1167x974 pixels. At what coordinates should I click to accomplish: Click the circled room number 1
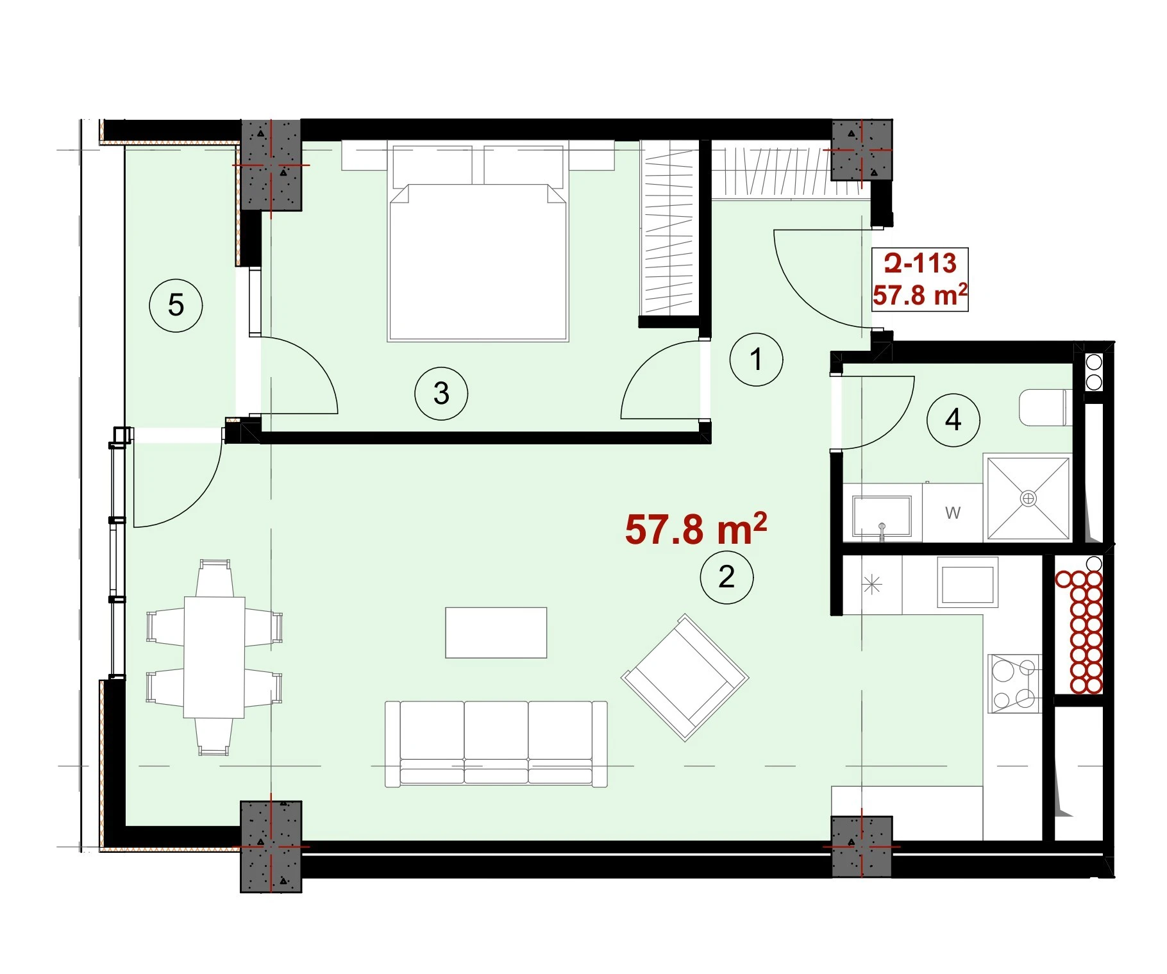[756, 359]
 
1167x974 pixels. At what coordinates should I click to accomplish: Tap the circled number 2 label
[726, 577]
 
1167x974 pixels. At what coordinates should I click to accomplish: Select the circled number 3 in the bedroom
[441, 393]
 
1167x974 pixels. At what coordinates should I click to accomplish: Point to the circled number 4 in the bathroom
[953, 420]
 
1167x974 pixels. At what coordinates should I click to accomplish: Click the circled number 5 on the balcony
[176, 305]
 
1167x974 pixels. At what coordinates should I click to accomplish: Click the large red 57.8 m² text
[696, 529]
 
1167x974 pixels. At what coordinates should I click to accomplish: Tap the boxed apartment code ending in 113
[920, 264]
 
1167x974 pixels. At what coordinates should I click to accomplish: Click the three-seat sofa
[496, 744]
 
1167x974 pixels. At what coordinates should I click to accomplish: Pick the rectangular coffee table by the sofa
[496, 633]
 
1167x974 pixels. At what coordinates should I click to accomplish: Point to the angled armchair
[685, 678]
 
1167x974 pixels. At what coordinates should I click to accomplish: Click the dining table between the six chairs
[214, 657]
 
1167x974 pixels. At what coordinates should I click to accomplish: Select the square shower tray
[1028, 498]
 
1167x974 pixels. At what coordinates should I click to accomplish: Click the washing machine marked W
[952, 512]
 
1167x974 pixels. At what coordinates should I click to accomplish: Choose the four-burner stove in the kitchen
[1014, 684]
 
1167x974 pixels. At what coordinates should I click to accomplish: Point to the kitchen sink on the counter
[968, 582]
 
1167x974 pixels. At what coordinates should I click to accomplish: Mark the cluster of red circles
[1079, 632]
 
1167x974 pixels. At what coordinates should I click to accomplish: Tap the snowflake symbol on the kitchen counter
[872, 585]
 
